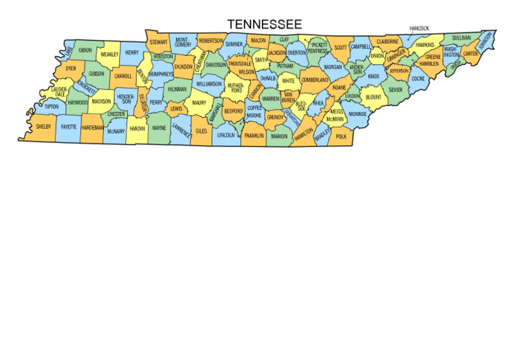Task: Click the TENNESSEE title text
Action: [264, 25]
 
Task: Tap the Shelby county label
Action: [44, 126]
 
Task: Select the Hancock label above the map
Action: [419, 29]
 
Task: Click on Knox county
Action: [374, 77]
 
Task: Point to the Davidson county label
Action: [216, 66]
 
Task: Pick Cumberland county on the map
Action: [315, 80]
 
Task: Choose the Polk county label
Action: [341, 137]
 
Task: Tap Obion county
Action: [85, 50]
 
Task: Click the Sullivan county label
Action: [461, 38]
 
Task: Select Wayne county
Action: [159, 128]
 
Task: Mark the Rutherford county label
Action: [236, 88]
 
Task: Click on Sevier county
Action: [396, 90]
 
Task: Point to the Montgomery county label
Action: [183, 42]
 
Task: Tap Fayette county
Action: [69, 126]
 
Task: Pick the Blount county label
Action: [373, 97]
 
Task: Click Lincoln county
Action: [226, 135]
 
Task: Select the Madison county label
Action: [101, 102]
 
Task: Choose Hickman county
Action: [177, 89]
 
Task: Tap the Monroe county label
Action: [358, 114]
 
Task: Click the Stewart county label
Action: [158, 42]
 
